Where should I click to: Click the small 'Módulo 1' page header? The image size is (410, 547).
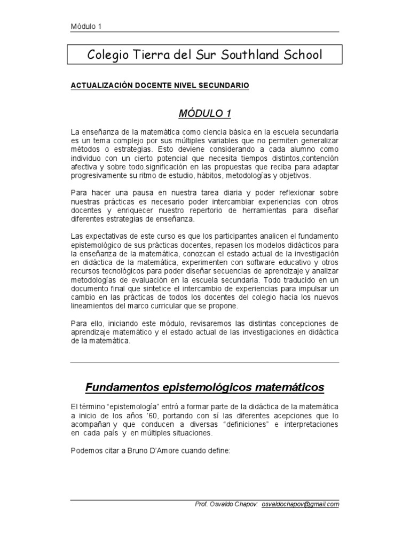tap(86, 27)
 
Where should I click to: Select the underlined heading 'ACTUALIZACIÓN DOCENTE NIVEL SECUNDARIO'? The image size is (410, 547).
tap(160, 85)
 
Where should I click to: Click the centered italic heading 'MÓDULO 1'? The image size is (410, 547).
tap(204, 113)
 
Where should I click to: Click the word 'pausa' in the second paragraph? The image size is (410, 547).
tap(124, 192)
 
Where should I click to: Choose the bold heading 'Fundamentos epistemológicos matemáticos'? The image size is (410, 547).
tap(204, 386)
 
